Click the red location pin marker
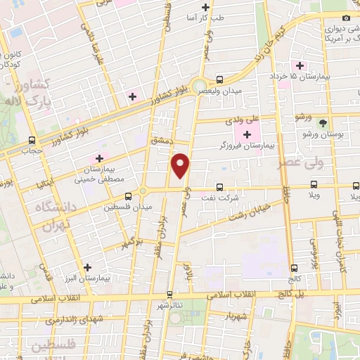[181, 165]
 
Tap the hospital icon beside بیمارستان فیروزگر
[247, 134]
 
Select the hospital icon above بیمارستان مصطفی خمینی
[99, 158]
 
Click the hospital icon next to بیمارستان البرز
[86, 267]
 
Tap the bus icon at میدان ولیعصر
[220, 79]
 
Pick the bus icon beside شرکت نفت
[220, 187]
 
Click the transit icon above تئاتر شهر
[169, 295]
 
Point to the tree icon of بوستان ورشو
[323, 122]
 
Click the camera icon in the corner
[345, 18]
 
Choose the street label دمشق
[161, 141]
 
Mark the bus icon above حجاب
[32, 139]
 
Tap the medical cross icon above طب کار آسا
[205, 7]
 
